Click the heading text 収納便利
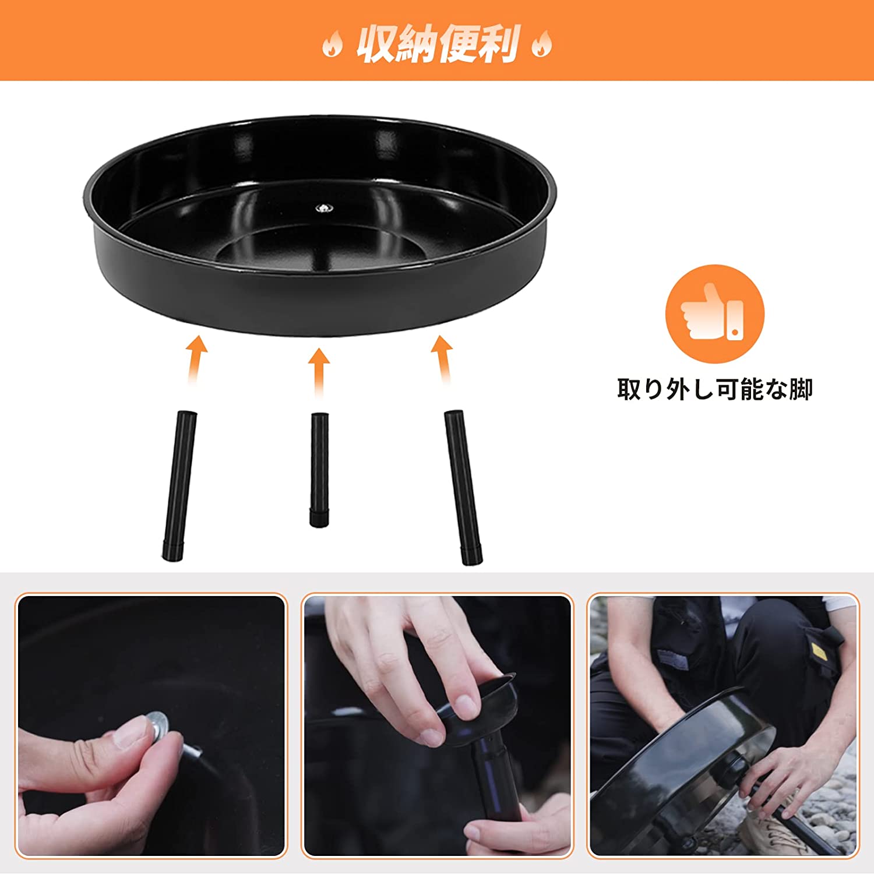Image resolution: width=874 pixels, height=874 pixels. [437, 44]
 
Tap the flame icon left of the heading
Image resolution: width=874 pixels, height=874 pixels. [332, 44]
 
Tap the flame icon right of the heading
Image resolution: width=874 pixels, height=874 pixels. [541, 44]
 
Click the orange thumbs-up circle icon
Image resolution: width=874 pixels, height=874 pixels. [714, 314]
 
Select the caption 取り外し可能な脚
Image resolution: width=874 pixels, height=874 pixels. [714, 389]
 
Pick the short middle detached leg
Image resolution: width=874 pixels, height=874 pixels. [319, 469]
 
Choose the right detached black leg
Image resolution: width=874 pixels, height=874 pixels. [464, 487]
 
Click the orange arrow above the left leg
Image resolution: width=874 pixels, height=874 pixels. [196, 358]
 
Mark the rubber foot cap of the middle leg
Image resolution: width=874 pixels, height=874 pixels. [318, 518]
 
